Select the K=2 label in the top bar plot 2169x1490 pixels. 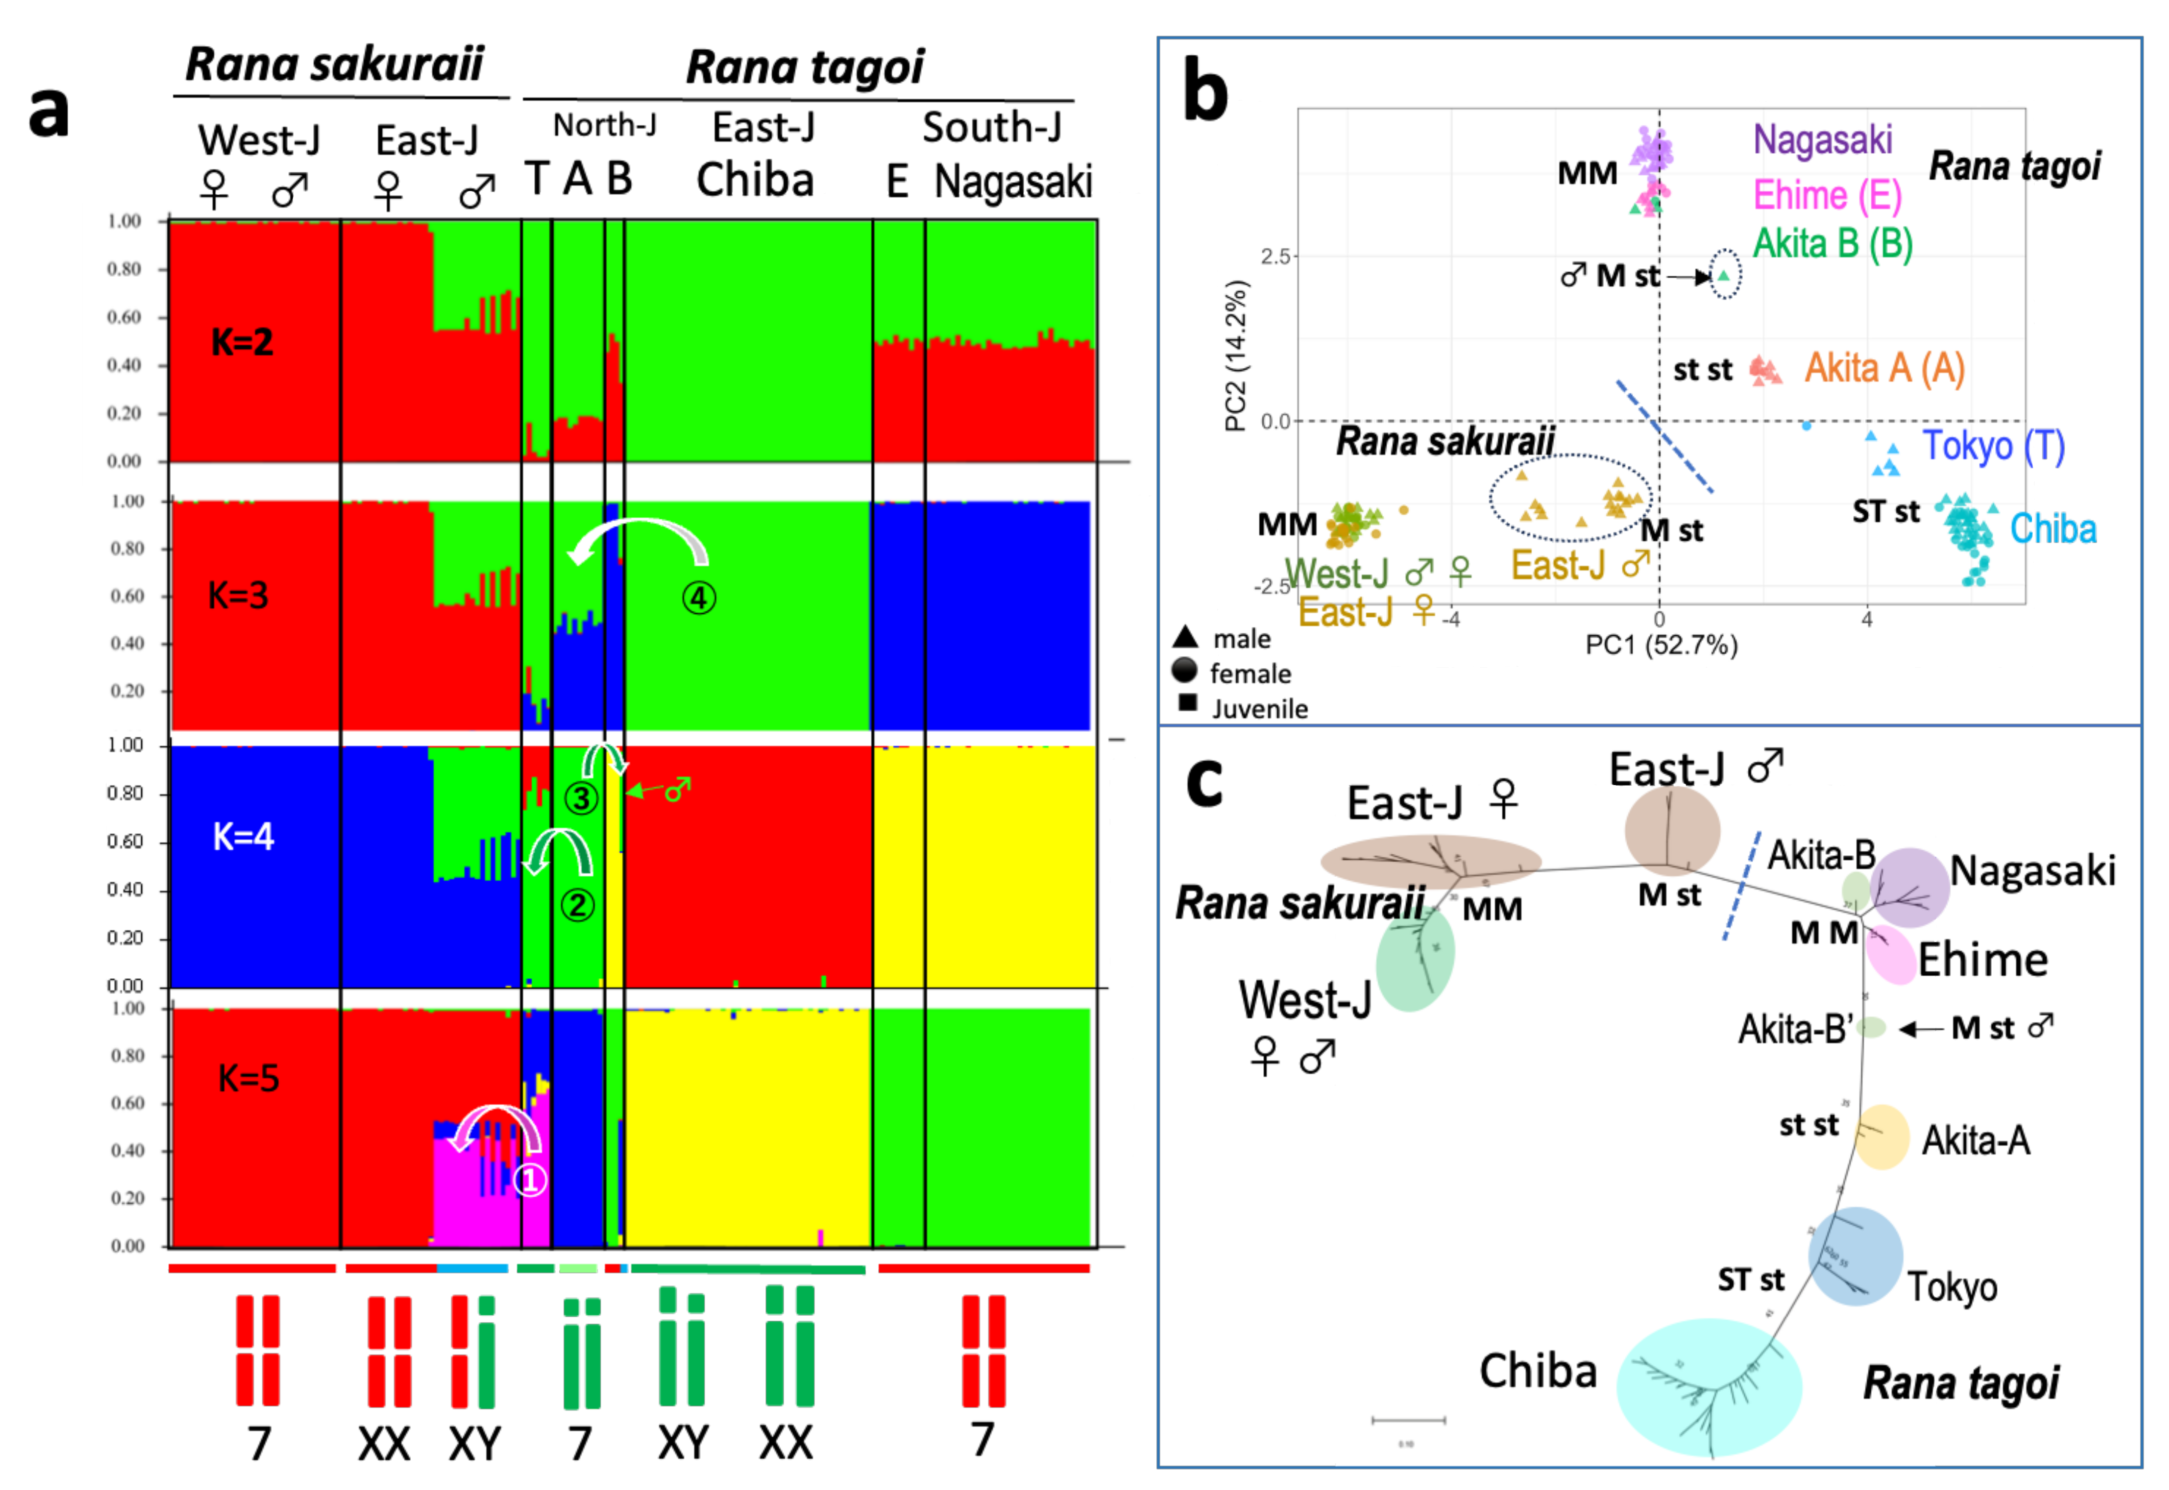click(242, 343)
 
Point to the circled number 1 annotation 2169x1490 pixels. click(529, 1180)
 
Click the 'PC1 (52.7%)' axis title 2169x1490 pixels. click(1661, 645)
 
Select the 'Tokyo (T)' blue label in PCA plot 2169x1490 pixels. click(1993, 446)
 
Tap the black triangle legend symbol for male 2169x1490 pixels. click(1185, 638)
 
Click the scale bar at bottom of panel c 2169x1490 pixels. click(1408, 1420)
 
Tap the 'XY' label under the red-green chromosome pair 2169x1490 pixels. click(475, 1443)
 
